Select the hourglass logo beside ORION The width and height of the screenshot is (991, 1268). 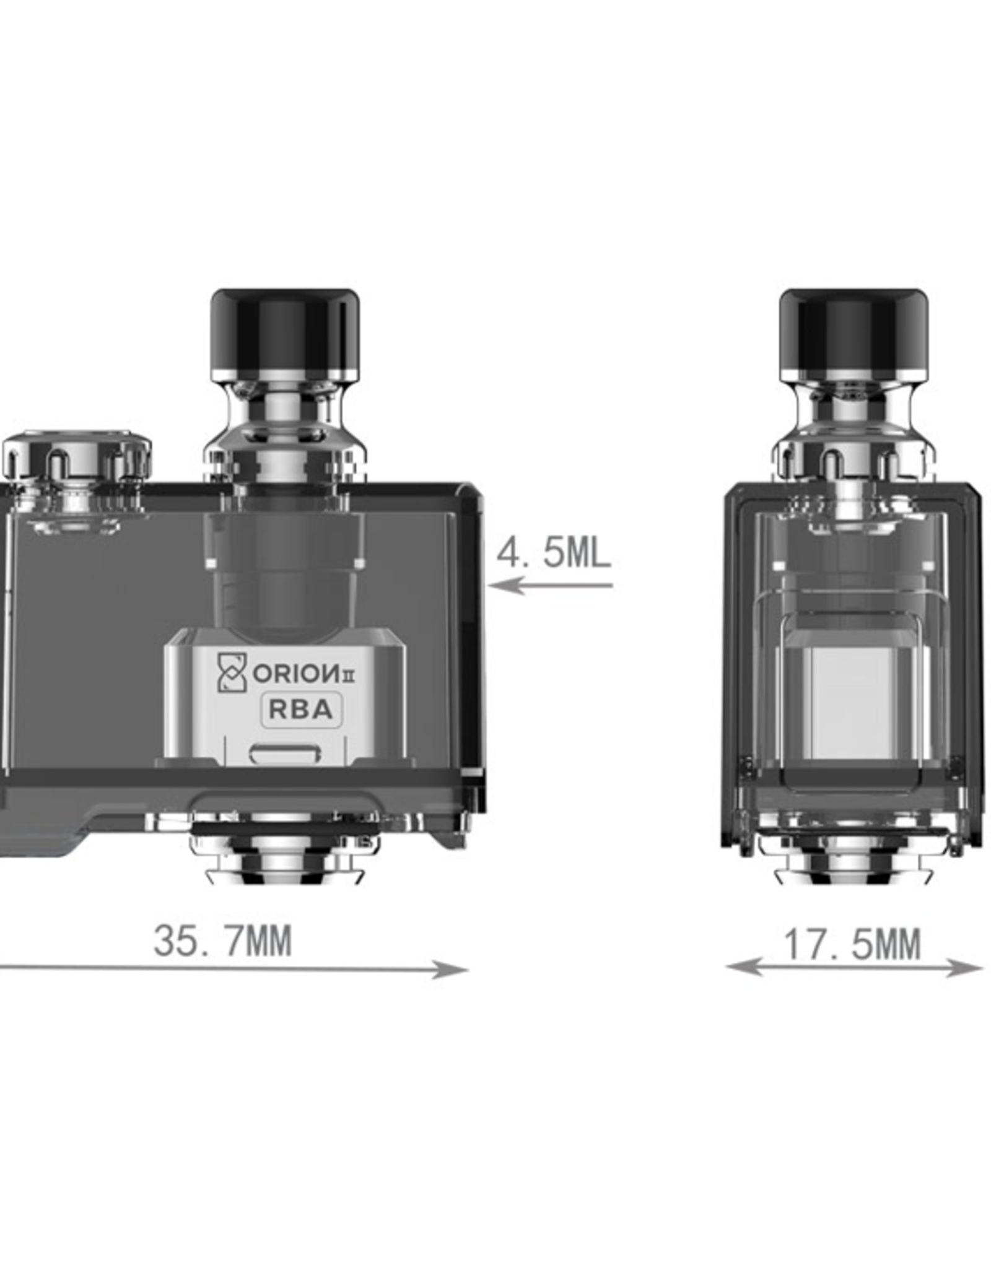pos(232,672)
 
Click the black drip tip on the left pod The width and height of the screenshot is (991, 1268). pos(284,331)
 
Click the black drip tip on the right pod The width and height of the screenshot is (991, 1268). pos(853,331)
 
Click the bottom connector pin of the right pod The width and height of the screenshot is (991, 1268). pos(853,864)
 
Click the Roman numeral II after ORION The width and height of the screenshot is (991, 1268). pos(349,676)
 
